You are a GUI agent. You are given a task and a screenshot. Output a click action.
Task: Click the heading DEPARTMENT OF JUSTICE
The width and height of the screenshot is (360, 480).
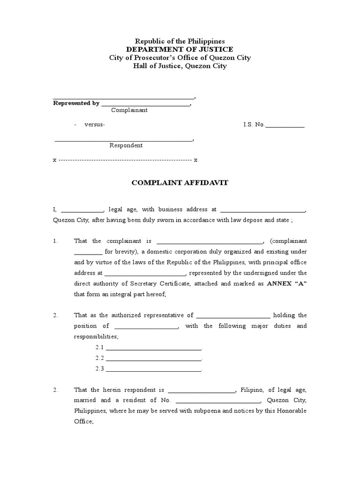(x=180, y=50)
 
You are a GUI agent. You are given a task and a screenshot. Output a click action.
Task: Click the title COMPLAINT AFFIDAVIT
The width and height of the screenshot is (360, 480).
(x=180, y=183)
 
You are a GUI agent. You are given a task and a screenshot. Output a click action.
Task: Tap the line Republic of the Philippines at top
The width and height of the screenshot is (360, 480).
(x=180, y=42)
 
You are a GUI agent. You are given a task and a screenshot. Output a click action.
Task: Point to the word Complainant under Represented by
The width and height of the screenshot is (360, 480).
(x=129, y=110)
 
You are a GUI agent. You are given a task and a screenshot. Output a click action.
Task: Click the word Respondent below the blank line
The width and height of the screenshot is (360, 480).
(x=126, y=145)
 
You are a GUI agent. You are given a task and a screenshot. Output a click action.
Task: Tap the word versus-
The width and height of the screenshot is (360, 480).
(x=95, y=125)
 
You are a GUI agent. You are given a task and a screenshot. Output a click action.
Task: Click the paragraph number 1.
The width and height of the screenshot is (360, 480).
(x=55, y=241)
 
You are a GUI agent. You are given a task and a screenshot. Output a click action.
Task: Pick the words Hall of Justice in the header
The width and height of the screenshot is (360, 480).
(x=157, y=66)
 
